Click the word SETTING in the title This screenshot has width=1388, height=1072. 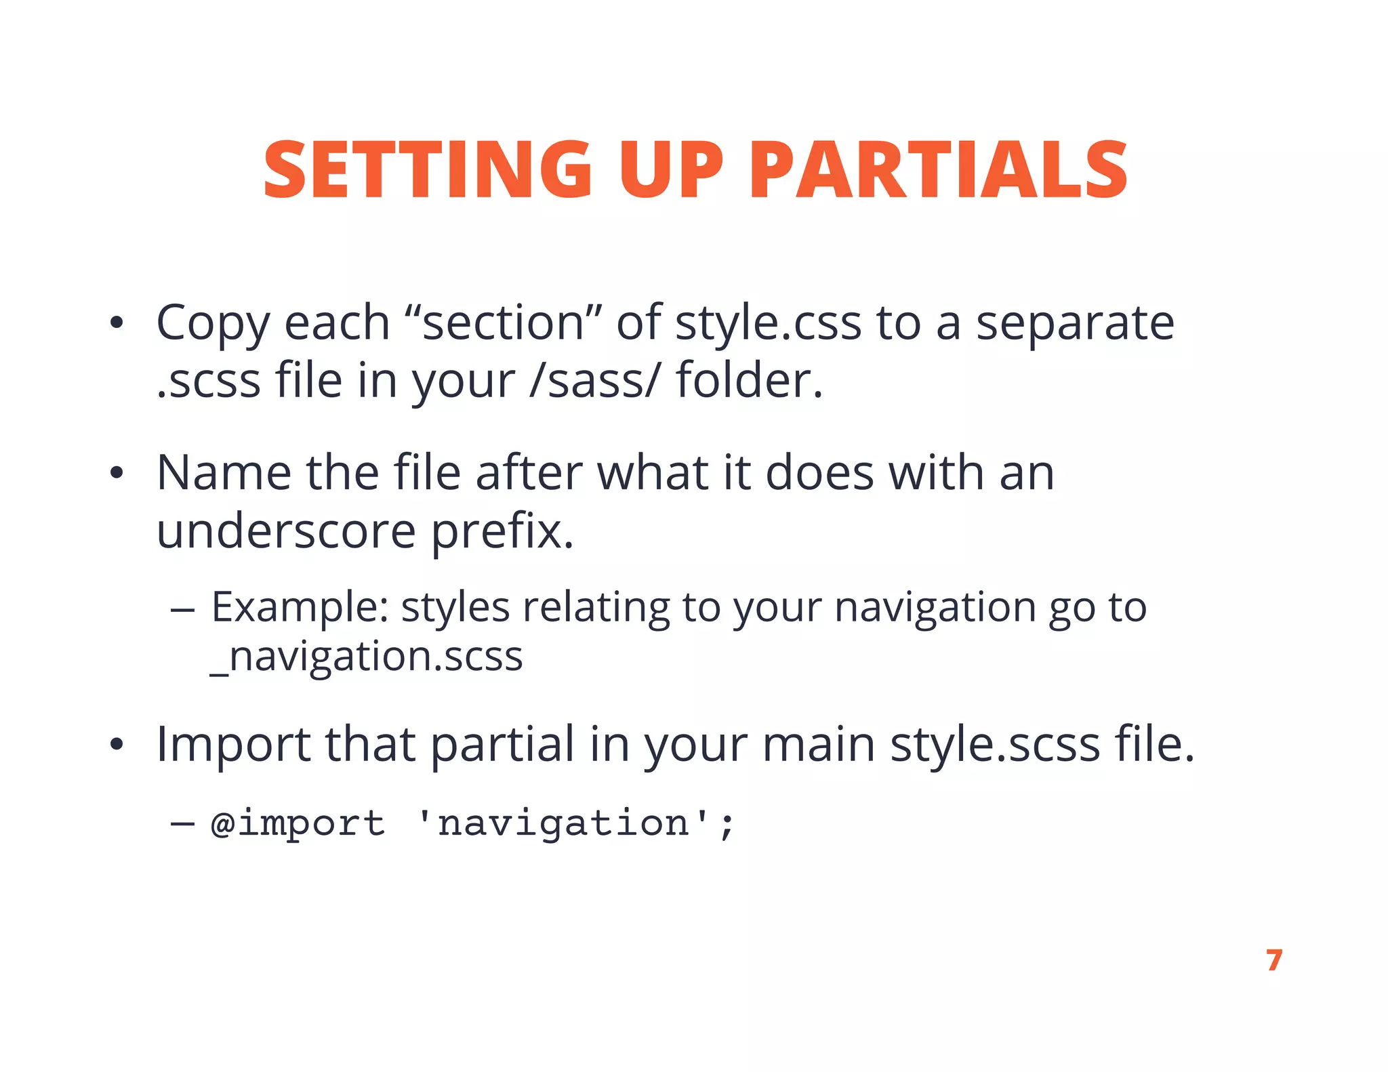point(427,169)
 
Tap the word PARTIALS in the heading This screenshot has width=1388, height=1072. point(938,169)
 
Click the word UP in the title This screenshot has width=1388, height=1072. point(671,169)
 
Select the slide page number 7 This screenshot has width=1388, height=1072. point(1274,960)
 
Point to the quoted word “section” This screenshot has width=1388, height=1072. point(504,323)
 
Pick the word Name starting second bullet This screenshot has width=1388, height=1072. point(223,472)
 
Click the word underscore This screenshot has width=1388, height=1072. point(286,531)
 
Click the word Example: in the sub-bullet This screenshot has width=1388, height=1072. point(300,607)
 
